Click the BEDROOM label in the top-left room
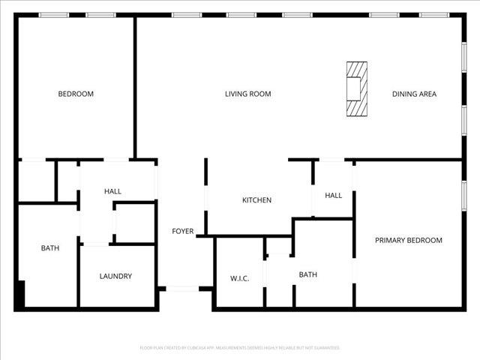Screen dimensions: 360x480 tap(76, 94)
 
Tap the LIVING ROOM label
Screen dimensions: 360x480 tap(248, 94)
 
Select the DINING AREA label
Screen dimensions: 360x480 tap(414, 94)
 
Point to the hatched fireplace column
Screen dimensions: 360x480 tap(357, 89)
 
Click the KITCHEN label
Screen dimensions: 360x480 tap(256, 200)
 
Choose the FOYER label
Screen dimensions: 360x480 tap(183, 231)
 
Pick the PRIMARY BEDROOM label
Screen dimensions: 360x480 tap(409, 240)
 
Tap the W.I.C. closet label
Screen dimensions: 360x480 tap(239, 279)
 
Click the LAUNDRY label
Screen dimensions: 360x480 tap(115, 276)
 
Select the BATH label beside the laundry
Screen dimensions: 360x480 tap(50, 247)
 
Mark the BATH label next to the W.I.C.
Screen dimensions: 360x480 tap(307, 274)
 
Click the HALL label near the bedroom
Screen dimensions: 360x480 tap(112, 192)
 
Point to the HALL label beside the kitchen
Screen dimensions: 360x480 tap(333, 195)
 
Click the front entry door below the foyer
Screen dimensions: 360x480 tap(182, 289)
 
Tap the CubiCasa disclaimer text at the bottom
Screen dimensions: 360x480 tap(240, 348)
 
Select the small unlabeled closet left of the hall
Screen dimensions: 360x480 tap(36, 180)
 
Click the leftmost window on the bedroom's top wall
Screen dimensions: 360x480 tap(54, 15)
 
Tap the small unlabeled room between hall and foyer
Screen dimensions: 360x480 tap(135, 222)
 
